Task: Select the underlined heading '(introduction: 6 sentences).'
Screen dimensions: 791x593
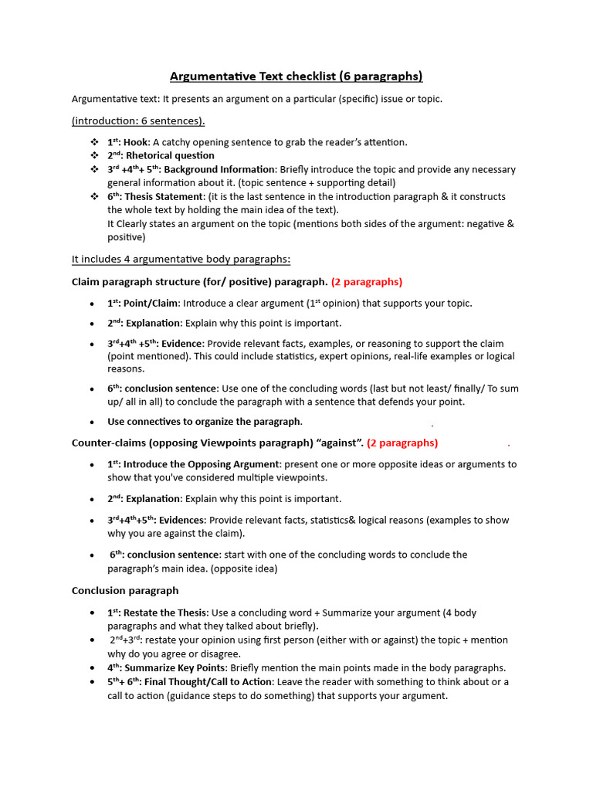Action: (138, 121)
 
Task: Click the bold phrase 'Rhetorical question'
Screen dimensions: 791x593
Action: (170, 155)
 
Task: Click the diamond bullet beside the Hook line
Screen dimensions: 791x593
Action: (94, 142)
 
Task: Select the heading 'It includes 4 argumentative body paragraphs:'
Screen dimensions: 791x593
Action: (181, 259)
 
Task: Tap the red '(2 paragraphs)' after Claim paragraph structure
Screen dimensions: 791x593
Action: (367, 282)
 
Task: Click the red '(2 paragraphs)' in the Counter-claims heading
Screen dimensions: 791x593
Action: (402, 443)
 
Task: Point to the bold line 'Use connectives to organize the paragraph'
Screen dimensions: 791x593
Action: (204, 422)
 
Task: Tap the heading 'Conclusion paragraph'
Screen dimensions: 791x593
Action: (125, 590)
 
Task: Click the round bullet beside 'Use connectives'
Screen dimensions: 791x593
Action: (92, 422)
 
